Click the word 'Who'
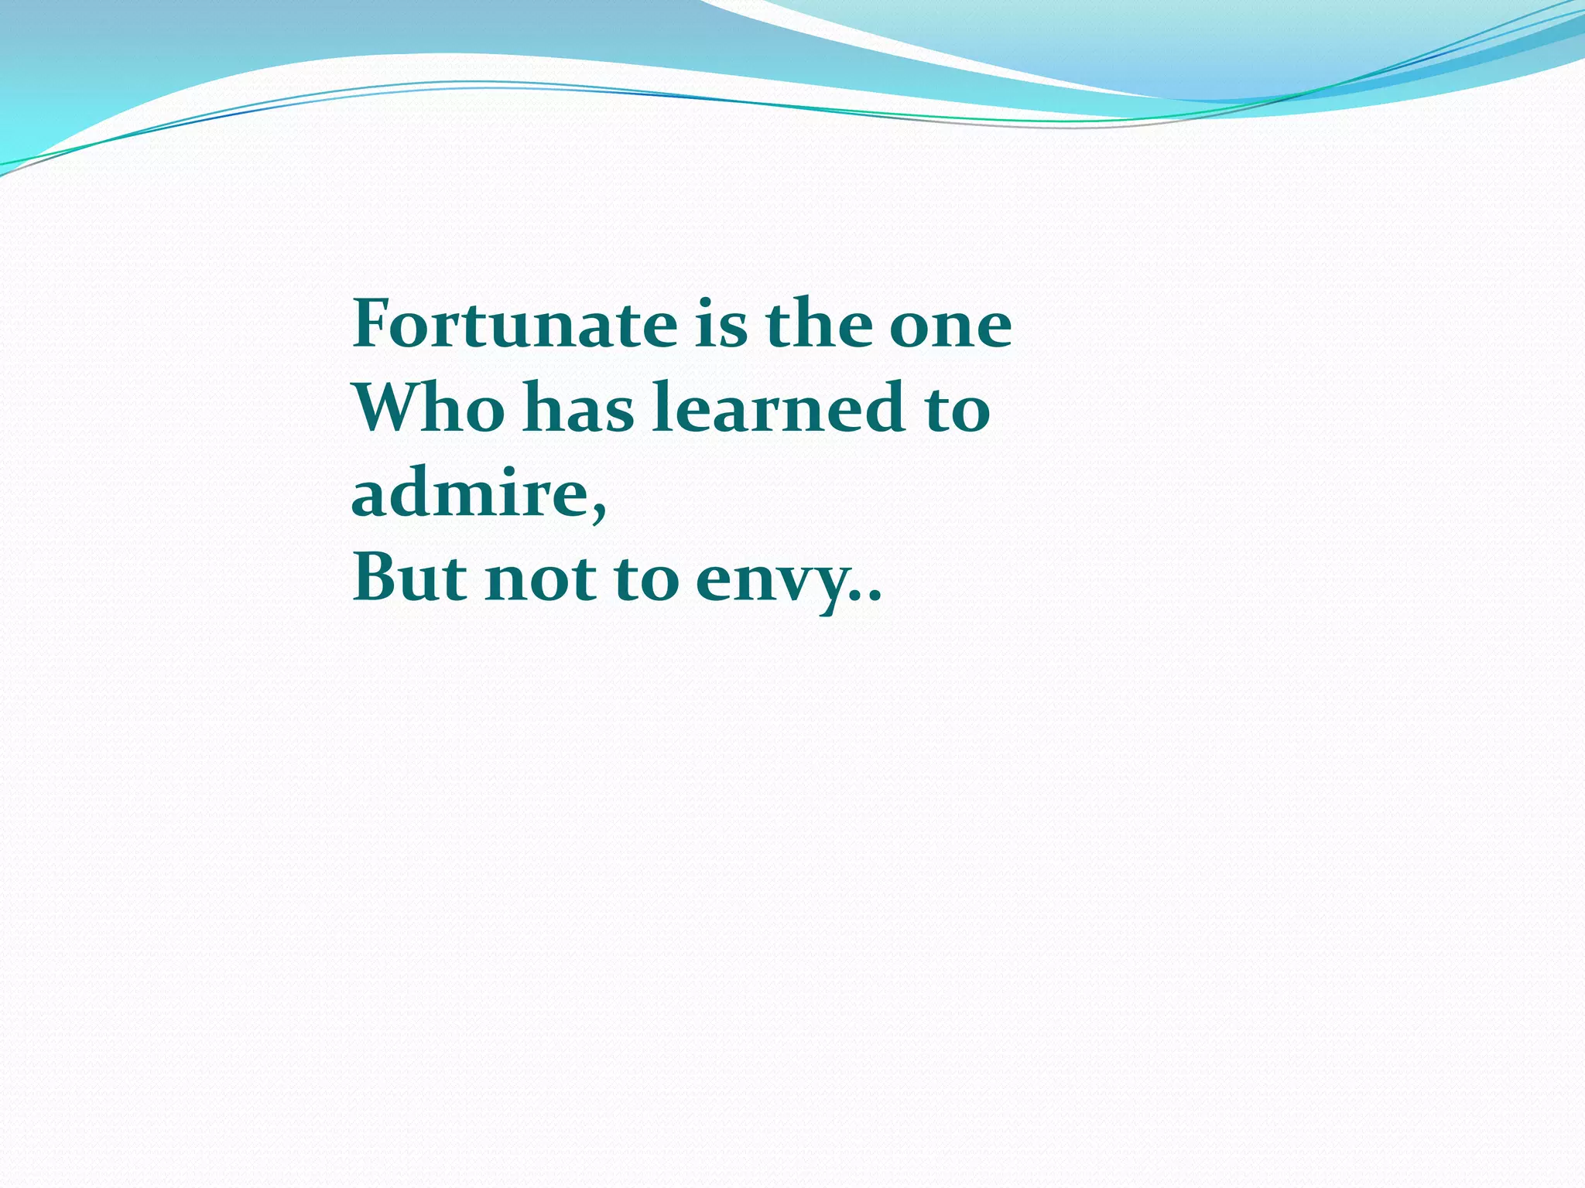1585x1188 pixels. point(430,408)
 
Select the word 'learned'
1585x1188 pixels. point(779,408)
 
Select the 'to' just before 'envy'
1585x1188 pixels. point(646,580)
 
